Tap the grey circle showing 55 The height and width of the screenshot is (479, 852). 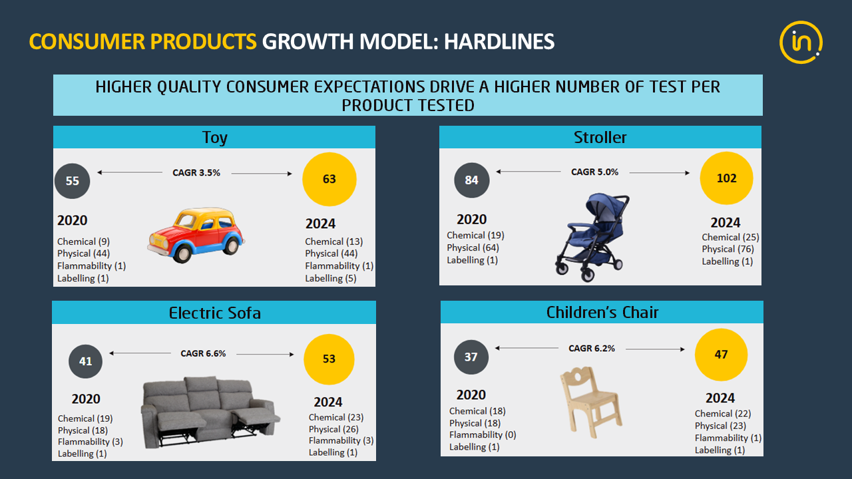pos(73,181)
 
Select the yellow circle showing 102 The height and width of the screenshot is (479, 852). pos(726,178)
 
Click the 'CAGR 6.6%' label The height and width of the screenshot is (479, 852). pos(203,353)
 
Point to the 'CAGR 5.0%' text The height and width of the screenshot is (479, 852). pos(595,172)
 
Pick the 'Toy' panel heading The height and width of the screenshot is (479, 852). pos(214,137)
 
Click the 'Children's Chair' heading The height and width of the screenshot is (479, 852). pos(602,313)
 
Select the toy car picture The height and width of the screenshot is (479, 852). pos(196,236)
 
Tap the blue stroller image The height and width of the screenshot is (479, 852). pos(592,238)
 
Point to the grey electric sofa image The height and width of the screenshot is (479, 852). pos(210,412)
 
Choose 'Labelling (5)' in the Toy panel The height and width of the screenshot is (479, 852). pos(331,278)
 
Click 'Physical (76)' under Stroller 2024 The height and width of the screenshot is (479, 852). pos(728,249)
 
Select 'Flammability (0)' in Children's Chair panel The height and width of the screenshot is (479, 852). pos(483,434)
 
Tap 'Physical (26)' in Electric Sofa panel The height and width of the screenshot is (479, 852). pos(333,429)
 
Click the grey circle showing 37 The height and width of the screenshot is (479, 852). pos(471,357)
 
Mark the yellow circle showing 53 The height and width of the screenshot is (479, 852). pos(329,359)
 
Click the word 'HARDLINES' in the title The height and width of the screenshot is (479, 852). pos(499,41)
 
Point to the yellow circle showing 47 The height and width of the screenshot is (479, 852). pos(721,355)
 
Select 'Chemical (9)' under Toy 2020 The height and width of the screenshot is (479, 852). pos(83,241)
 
